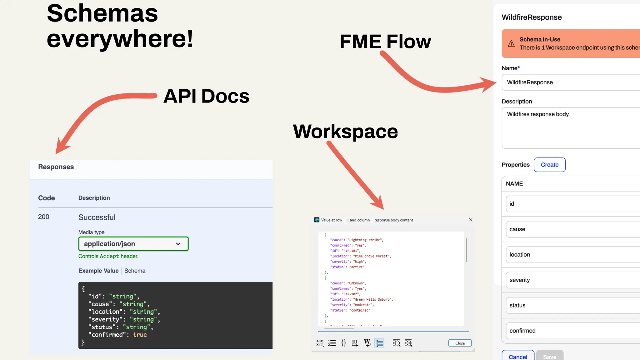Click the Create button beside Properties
coord(549,165)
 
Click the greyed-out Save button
coord(550,356)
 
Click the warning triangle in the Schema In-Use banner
coord(511,44)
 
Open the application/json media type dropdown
coord(133,244)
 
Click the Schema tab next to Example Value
coord(135,271)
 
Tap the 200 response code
coord(44,217)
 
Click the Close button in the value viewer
coord(460,343)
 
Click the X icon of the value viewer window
coord(471,220)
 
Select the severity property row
coord(572,280)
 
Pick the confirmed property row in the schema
coord(572,331)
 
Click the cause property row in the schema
coord(572,229)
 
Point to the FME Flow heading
coord(385,42)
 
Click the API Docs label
coord(206,96)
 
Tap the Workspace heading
coord(345,131)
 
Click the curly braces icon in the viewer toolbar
coord(343,343)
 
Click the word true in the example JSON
coord(140,335)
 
